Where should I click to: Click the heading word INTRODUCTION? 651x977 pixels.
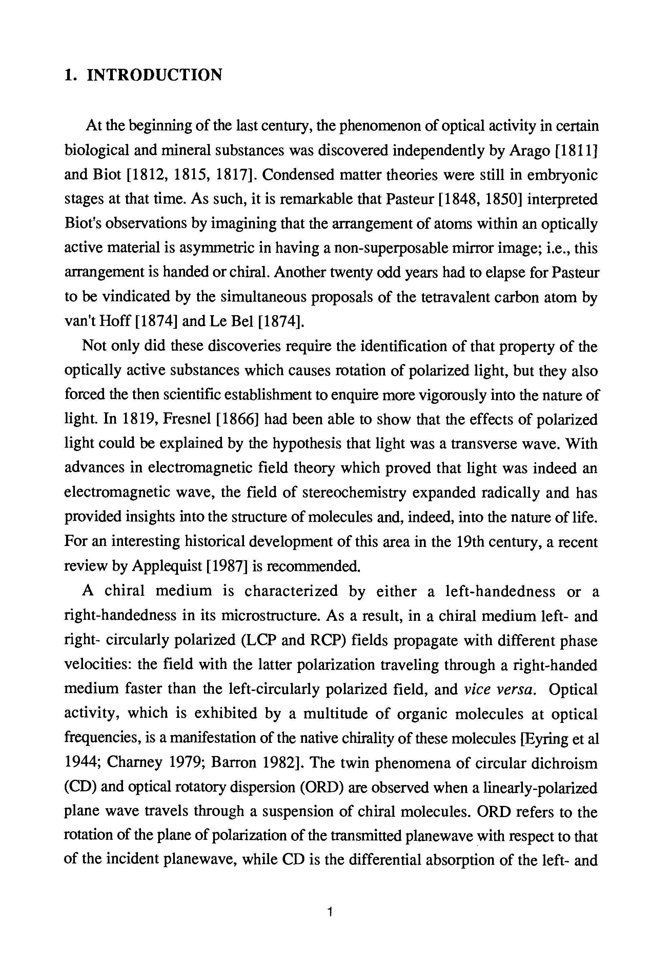(155, 75)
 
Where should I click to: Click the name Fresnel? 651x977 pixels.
(187, 419)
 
